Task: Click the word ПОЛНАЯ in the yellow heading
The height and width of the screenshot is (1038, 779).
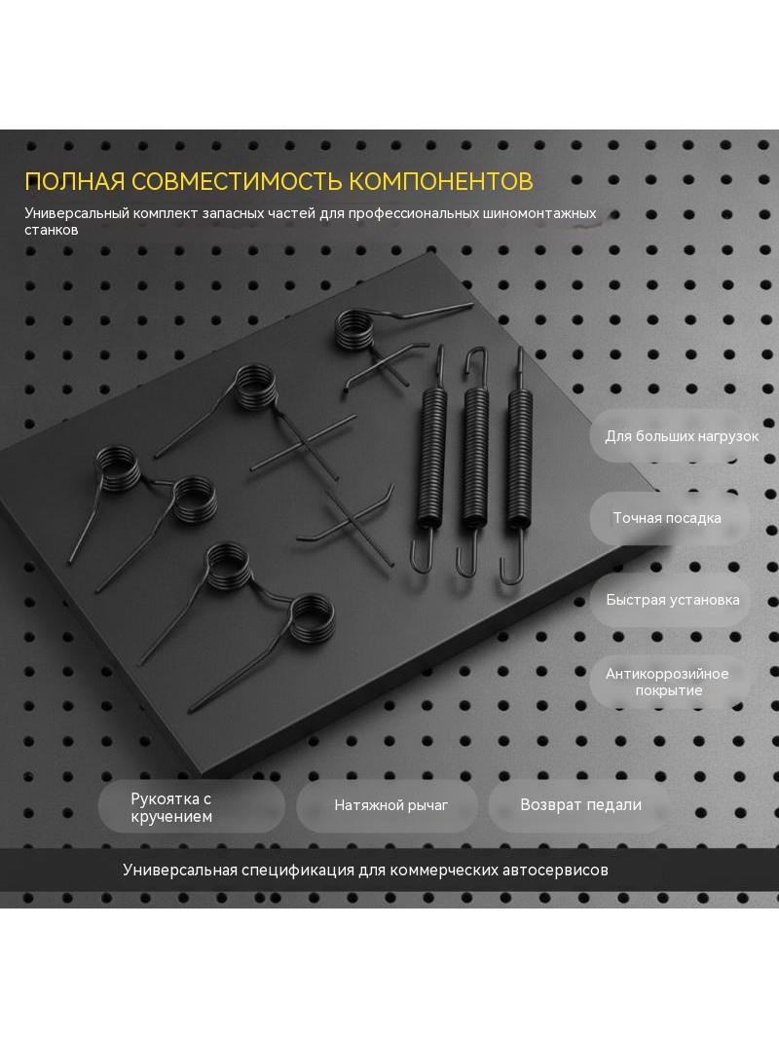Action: tap(75, 181)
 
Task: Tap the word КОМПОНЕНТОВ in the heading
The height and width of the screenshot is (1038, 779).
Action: tap(441, 181)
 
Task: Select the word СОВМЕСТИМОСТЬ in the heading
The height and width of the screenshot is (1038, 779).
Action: tap(237, 181)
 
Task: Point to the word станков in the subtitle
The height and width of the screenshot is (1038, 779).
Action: tap(51, 230)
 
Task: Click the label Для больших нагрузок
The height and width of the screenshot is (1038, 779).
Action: tap(682, 436)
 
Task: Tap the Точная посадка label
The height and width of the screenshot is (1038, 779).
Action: tap(667, 518)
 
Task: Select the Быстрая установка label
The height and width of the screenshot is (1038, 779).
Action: tap(673, 600)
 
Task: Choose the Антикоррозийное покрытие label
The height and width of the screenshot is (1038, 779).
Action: tap(667, 682)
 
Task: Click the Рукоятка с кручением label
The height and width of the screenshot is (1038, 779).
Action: tap(171, 807)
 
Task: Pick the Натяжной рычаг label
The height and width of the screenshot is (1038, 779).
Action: tap(391, 805)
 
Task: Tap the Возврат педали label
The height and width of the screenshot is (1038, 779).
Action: tap(580, 804)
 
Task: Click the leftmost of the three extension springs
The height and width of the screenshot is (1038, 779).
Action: tap(430, 457)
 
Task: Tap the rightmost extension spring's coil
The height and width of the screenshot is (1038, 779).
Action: tap(520, 458)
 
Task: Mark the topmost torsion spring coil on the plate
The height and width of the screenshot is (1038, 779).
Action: tap(353, 330)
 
